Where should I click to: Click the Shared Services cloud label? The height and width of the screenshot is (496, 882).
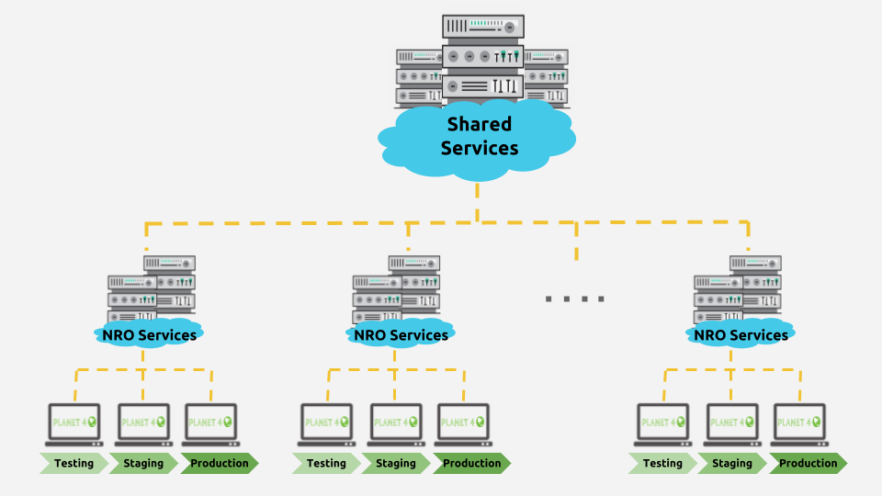tap(479, 136)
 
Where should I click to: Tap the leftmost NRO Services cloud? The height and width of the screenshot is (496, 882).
tap(149, 334)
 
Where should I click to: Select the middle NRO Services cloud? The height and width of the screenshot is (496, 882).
tap(401, 334)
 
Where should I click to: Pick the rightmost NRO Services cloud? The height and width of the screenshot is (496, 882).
tap(741, 334)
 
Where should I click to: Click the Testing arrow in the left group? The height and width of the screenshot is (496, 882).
tap(73, 463)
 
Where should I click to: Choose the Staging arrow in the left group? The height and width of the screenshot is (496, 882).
tap(143, 463)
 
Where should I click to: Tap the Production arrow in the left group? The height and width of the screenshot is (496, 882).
tap(219, 463)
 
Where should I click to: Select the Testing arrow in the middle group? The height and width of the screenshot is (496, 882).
tap(326, 463)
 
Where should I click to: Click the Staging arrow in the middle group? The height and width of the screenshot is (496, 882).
tap(396, 463)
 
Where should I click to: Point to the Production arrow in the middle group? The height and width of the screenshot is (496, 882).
tap(471, 463)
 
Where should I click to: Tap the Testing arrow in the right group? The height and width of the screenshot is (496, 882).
tap(662, 463)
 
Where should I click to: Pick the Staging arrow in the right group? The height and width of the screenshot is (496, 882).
tap(732, 463)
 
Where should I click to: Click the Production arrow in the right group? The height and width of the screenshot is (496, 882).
tap(808, 463)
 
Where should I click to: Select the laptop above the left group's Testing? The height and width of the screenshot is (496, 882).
tap(74, 424)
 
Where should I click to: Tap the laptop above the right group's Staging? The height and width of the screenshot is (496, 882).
tap(732, 424)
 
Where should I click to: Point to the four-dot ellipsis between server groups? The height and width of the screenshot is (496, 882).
tap(575, 299)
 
